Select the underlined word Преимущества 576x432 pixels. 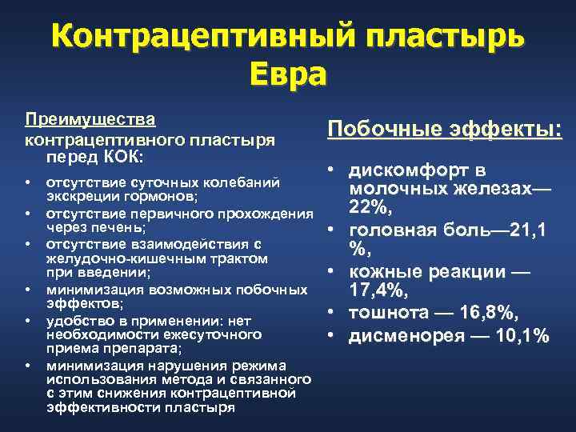coord(90,119)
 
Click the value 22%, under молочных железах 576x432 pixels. coord(369,209)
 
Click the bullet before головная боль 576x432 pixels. coord(330,230)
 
